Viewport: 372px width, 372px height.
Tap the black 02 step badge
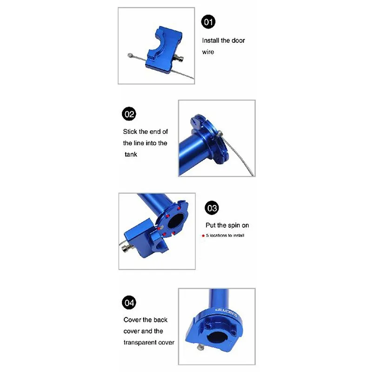pyautogui.click(x=128, y=114)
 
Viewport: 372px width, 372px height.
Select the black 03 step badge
pyautogui.click(x=212, y=206)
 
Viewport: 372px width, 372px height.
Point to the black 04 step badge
pyautogui.click(x=128, y=303)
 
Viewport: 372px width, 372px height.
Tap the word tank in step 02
pyautogui.click(x=132, y=154)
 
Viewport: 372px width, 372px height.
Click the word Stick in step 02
pyautogui.click(x=131, y=132)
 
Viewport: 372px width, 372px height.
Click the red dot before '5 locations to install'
pyautogui.click(x=203, y=236)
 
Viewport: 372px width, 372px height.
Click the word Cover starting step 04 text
pyautogui.click(x=133, y=320)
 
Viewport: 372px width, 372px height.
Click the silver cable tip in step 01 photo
pyautogui.click(x=130, y=56)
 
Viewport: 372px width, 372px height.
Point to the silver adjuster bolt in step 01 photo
pyautogui.click(x=180, y=59)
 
